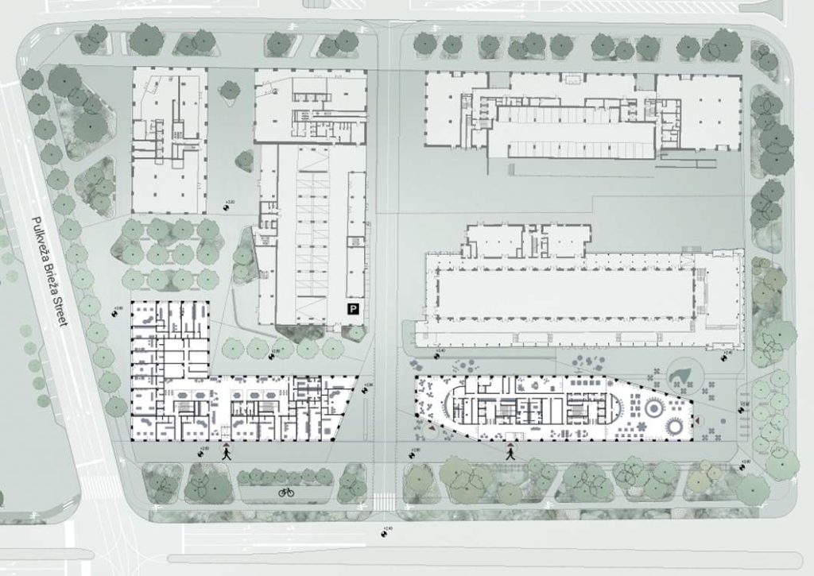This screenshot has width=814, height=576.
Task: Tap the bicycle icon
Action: [x=286, y=493]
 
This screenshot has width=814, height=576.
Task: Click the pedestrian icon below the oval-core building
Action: [x=510, y=454]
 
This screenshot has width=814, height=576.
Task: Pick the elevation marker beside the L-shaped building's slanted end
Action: [x=366, y=389]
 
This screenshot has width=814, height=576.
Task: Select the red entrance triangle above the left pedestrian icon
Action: [x=227, y=443]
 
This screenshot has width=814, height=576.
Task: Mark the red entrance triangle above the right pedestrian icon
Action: [x=510, y=443]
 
